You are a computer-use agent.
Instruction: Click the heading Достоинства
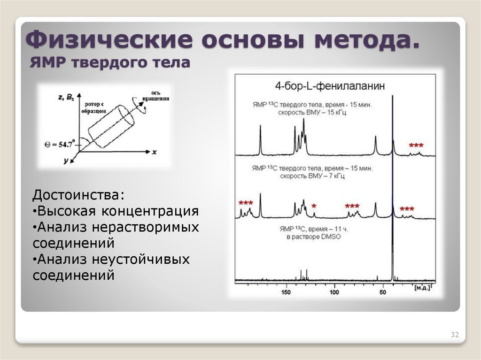79,194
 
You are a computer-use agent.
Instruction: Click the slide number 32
454,335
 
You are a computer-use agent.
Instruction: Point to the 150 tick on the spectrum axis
286,292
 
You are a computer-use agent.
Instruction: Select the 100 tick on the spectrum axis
334,292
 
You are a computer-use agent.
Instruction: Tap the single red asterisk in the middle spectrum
314,206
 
